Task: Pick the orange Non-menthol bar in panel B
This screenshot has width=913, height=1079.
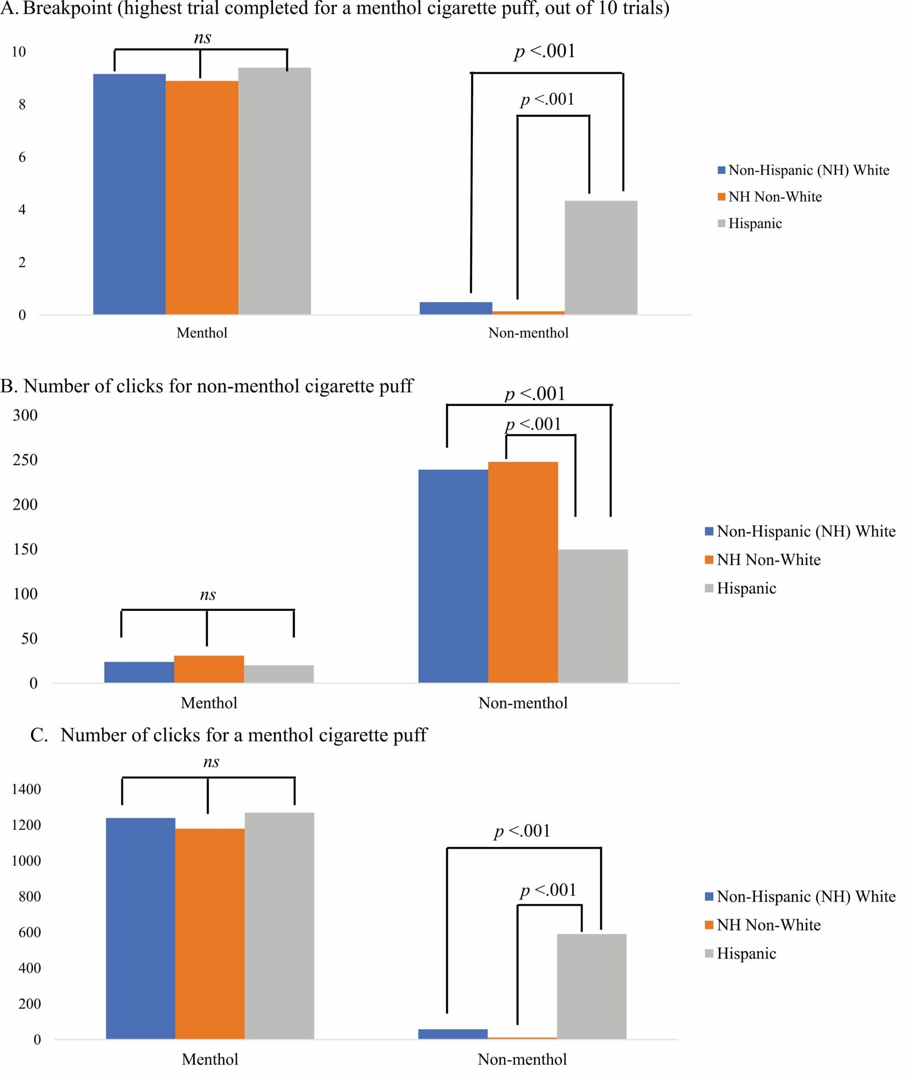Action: pyautogui.click(x=523, y=572)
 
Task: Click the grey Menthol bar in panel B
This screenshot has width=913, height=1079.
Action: pyautogui.click(x=278, y=674)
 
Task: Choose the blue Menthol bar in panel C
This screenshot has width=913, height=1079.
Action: pyautogui.click(x=140, y=928)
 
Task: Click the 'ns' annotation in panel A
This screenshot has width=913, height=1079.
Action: pyautogui.click(x=202, y=38)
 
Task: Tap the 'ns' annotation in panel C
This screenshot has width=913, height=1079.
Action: pyautogui.click(x=211, y=762)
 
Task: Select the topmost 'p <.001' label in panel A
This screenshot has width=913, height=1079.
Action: pyautogui.click(x=544, y=51)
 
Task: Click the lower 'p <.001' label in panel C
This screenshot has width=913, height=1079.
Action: pyautogui.click(x=548, y=890)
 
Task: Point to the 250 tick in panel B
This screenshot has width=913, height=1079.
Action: pyautogui.click(x=25, y=460)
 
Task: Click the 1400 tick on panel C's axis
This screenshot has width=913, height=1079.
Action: pyautogui.click(x=26, y=789)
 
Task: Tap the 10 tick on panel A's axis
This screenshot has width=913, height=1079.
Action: pyautogui.click(x=19, y=52)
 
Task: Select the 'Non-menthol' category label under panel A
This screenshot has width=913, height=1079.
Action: pyautogui.click(x=528, y=333)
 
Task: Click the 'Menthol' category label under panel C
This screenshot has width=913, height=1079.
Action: pyautogui.click(x=210, y=1059)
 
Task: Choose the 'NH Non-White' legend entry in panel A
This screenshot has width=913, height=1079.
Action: pyautogui.click(x=774, y=196)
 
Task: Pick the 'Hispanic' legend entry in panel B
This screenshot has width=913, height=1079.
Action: pyautogui.click(x=746, y=588)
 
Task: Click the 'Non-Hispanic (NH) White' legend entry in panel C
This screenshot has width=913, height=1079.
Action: pyautogui.click(x=805, y=896)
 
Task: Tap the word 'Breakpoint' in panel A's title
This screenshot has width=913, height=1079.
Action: pyautogui.click(x=68, y=9)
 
